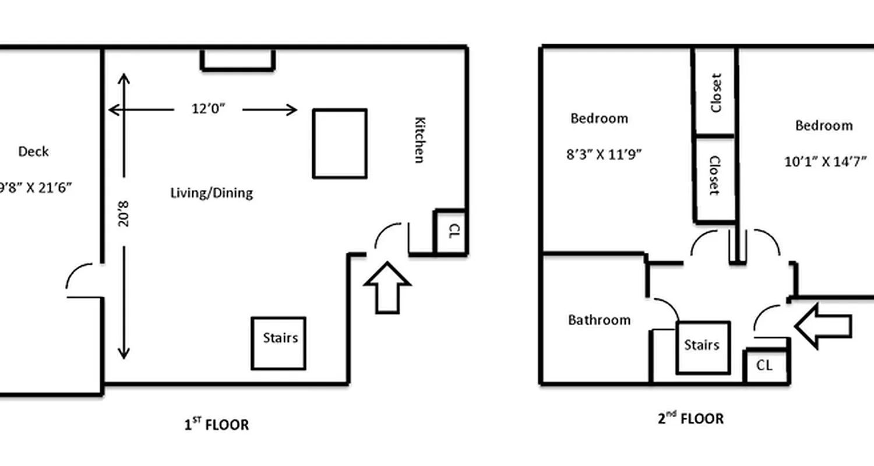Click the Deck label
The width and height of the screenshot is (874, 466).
(33, 151)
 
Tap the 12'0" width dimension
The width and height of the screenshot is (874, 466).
(208, 109)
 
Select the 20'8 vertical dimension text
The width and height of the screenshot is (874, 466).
(123, 213)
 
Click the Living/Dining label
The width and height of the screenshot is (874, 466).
(212, 193)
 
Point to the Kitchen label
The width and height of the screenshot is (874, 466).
(419, 140)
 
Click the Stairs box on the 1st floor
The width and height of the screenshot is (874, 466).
(279, 343)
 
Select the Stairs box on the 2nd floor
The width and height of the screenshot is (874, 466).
(703, 348)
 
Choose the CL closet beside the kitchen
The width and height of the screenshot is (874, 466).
(452, 232)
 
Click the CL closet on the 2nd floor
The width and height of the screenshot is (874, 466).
(765, 366)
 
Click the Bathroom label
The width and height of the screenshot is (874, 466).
(599, 320)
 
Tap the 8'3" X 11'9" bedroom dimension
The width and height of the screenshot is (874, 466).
(604, 156)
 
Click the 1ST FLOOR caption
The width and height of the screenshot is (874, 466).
(217, 425)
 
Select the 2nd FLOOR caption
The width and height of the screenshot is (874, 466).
(691, 418)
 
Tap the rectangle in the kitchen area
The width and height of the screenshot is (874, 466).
(340, 143)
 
